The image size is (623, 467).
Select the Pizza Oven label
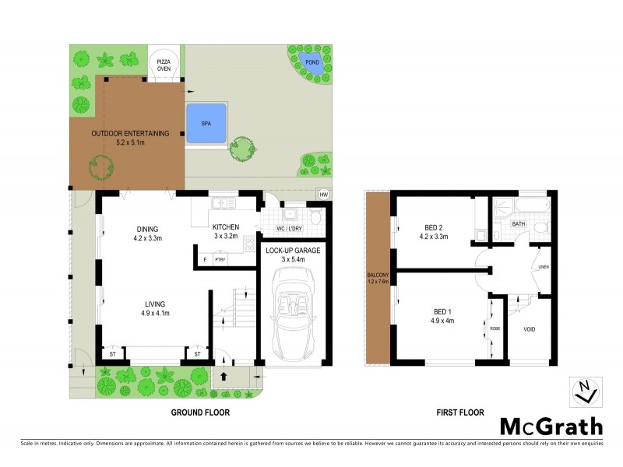pos(164,64)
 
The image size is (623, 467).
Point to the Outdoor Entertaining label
pos(130,133)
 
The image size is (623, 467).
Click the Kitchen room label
pos(226,227)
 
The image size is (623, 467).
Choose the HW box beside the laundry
pos(322,195)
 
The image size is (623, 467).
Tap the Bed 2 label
pos(435,227)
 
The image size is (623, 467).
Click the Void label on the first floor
pos(529,328)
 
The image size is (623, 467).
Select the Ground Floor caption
pos(199,413)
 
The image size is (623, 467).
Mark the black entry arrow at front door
pos(224,376)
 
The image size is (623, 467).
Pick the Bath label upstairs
pos(518,224)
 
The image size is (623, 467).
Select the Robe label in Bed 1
pos(495,328)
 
